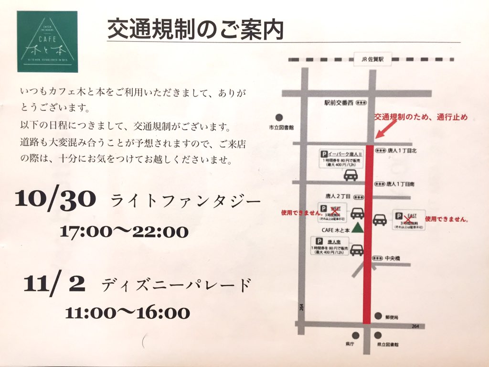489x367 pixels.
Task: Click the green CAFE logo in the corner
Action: pos(47,42)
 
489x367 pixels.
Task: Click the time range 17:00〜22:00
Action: pos(124,232)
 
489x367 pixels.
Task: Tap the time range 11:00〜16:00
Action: pos(128,313)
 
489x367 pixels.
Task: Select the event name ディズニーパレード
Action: pos(176,285)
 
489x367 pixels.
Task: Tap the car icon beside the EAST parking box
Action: pos(380,220)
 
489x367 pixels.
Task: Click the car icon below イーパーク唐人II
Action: pos(351,175)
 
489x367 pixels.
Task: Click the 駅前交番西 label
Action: pos(338,102)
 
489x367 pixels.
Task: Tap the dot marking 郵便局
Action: pos(378,316)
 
